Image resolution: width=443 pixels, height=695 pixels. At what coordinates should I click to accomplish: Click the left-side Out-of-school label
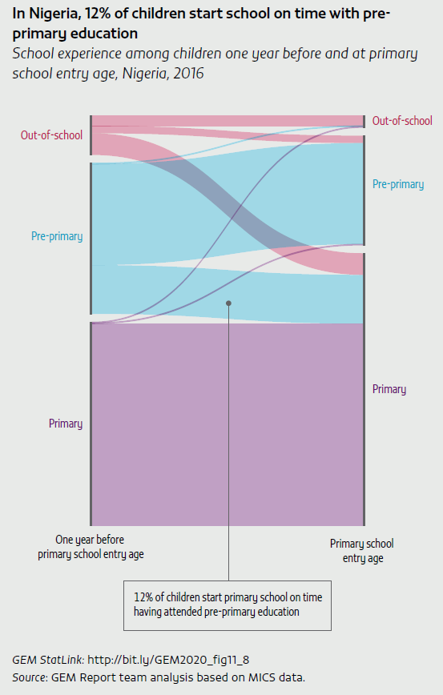51,135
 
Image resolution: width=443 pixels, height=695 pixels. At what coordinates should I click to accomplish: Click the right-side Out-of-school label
402,121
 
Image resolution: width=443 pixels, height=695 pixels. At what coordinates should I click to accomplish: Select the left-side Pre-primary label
57,236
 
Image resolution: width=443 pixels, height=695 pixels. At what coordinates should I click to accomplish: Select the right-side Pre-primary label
398,184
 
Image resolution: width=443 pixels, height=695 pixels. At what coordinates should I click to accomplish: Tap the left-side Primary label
66,424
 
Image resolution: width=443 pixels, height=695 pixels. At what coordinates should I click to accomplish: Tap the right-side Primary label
389,389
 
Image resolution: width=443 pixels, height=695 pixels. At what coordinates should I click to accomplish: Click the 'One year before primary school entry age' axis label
90,547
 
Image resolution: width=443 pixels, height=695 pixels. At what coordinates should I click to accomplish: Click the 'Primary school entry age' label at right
361,551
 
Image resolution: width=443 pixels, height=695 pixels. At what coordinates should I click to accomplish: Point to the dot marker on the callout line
228,303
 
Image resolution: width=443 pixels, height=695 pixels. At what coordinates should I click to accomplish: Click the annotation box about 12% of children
228,605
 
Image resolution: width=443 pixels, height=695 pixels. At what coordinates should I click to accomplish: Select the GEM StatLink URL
167,660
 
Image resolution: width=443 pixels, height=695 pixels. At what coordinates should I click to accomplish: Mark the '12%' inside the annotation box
143,598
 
